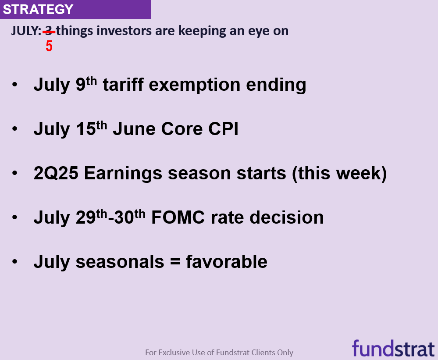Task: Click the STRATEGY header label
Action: click(38, 9)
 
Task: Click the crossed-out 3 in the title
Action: click(49, 31)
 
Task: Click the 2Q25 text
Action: click(56, 173)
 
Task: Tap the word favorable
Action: click(226, 262)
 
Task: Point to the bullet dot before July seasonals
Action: click(15, 262)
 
